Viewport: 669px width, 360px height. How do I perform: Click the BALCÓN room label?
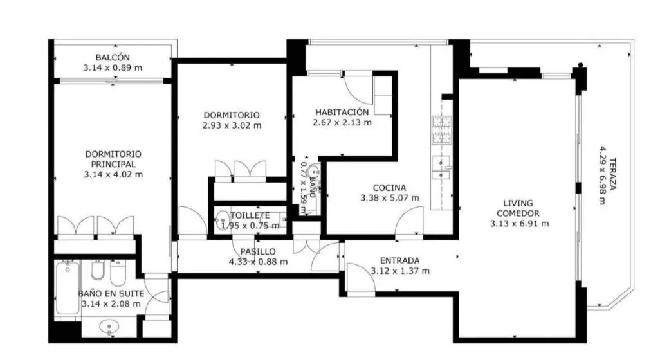click(113, 58)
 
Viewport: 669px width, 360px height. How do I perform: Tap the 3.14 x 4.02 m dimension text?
click(113, 174)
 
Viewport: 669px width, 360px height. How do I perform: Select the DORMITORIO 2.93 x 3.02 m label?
click(232, 120)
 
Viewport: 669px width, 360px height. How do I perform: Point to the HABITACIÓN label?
click(342, 113)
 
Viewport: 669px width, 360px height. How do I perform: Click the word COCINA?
click(390, 188)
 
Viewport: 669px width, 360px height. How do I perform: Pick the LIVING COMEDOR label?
click(518, 208)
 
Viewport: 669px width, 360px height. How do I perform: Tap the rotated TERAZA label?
click(612, 174)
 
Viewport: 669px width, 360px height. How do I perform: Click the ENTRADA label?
click(399, 260)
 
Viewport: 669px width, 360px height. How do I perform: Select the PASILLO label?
click(258, 251)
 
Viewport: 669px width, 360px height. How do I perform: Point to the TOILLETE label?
click(250, 216)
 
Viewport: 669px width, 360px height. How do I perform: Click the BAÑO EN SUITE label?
click(111, 294)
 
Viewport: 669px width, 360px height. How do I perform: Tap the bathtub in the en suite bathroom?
click(68, 287)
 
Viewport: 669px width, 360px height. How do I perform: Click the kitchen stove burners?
click(441, 130)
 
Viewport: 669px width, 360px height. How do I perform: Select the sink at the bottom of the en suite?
click(109, 328)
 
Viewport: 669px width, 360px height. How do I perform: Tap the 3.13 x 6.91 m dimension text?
click(519, 224)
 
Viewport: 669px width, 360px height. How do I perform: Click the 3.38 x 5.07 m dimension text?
click(390, 198)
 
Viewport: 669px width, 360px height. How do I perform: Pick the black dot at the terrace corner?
click(580, 66)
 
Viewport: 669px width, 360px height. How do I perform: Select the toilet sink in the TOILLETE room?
click(223, 221)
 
